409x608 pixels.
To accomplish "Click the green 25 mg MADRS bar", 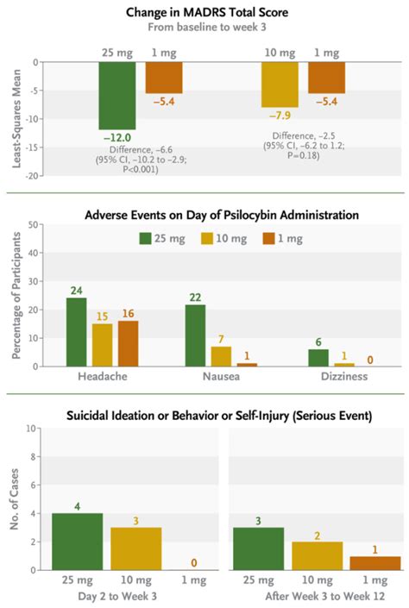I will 116,95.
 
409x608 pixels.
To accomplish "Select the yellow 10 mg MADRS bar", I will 279,85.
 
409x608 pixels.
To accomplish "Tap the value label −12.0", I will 116,137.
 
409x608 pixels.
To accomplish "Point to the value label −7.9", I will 279,116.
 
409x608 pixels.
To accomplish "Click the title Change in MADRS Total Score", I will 207,11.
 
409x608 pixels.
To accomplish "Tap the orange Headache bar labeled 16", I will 127,343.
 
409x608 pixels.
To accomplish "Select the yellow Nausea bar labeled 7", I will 222,356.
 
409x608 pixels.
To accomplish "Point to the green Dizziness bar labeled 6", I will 318,357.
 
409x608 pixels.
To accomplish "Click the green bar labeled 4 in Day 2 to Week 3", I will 77,541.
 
